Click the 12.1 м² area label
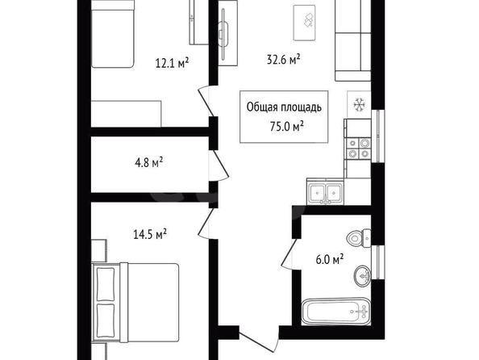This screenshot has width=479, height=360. click(172, 63)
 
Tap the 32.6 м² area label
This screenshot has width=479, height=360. click(284, 60)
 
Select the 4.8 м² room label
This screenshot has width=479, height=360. click(148, 162)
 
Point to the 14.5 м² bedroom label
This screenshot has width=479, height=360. click(150, 234)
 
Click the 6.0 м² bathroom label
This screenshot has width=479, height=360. click(329, 260)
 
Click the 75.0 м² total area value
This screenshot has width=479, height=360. click(286, 126)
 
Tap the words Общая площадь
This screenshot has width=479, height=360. click(284, 107)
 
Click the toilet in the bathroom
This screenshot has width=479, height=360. click(359, 238)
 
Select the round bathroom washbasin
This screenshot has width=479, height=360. click(363, 276)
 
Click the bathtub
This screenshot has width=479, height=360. click(336, 312)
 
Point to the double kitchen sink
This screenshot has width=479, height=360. click(325, 192)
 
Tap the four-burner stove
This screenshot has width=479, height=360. click(358, 149)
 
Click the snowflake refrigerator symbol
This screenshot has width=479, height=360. click(360, 105)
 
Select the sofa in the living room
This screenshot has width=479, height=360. click(353, 40)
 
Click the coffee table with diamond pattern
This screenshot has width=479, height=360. click(304, 23)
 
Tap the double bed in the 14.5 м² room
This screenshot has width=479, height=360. click(135, 302)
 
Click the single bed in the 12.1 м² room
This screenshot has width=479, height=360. click(113, 34)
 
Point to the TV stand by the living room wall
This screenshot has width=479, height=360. click(228, 33)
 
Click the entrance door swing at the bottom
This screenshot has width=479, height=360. click(259, 340)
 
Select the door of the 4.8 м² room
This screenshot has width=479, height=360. click(220, 165)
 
